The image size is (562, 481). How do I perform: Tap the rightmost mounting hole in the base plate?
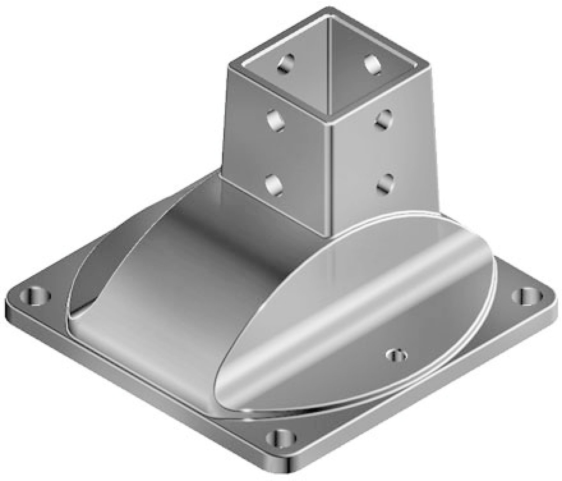pos(526,296)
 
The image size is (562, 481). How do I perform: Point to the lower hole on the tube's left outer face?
pos(274,184)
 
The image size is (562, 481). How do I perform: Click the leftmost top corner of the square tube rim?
pos(229,66)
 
